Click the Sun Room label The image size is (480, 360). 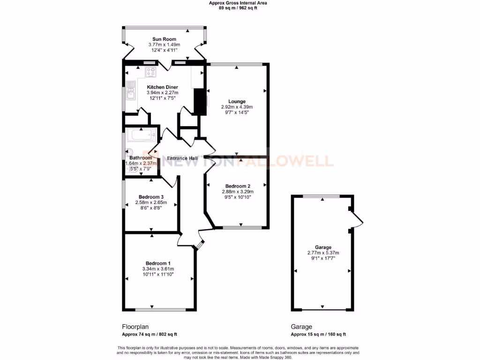pos(164,39)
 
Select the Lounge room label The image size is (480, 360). pos(237,101)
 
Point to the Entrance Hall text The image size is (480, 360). pos(182,158)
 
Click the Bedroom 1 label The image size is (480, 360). pos(158,263)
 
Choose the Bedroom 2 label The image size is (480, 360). pos(237,186)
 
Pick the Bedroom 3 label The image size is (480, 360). pos(151,197)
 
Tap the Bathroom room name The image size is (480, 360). pos(141,158)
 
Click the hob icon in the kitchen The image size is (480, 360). pos(151,72)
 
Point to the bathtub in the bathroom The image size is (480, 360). pos(141,136)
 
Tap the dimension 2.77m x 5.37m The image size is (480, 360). pos(323,253)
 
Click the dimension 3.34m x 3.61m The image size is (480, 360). pos(158,269)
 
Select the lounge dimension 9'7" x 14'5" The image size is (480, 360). pos(237,112)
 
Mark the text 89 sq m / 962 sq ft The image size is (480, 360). pos(238,8)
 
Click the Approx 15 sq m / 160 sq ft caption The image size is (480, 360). pos(318,334)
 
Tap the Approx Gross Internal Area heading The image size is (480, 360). pos(238,3)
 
